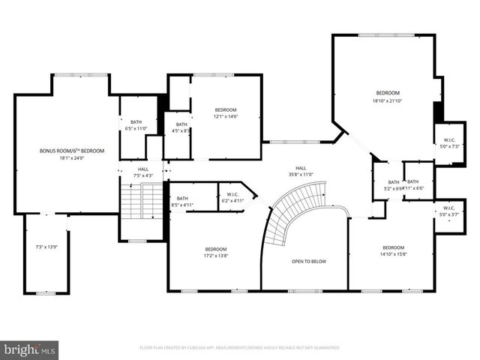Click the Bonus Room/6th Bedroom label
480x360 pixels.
click(72, 151)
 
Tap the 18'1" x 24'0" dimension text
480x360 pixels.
click(72, 158)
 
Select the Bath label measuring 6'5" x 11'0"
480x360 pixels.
click(136, 122)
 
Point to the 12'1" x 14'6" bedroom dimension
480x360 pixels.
click(226, 116)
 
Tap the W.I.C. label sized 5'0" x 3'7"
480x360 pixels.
click(449, 208)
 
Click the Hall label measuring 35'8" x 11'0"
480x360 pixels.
click(300, 168)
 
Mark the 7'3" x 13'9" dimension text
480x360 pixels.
click(46, 247)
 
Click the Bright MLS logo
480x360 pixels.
click(30, 349)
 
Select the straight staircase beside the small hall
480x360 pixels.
click(142, 201)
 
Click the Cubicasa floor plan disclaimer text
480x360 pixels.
click(240, 348)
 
